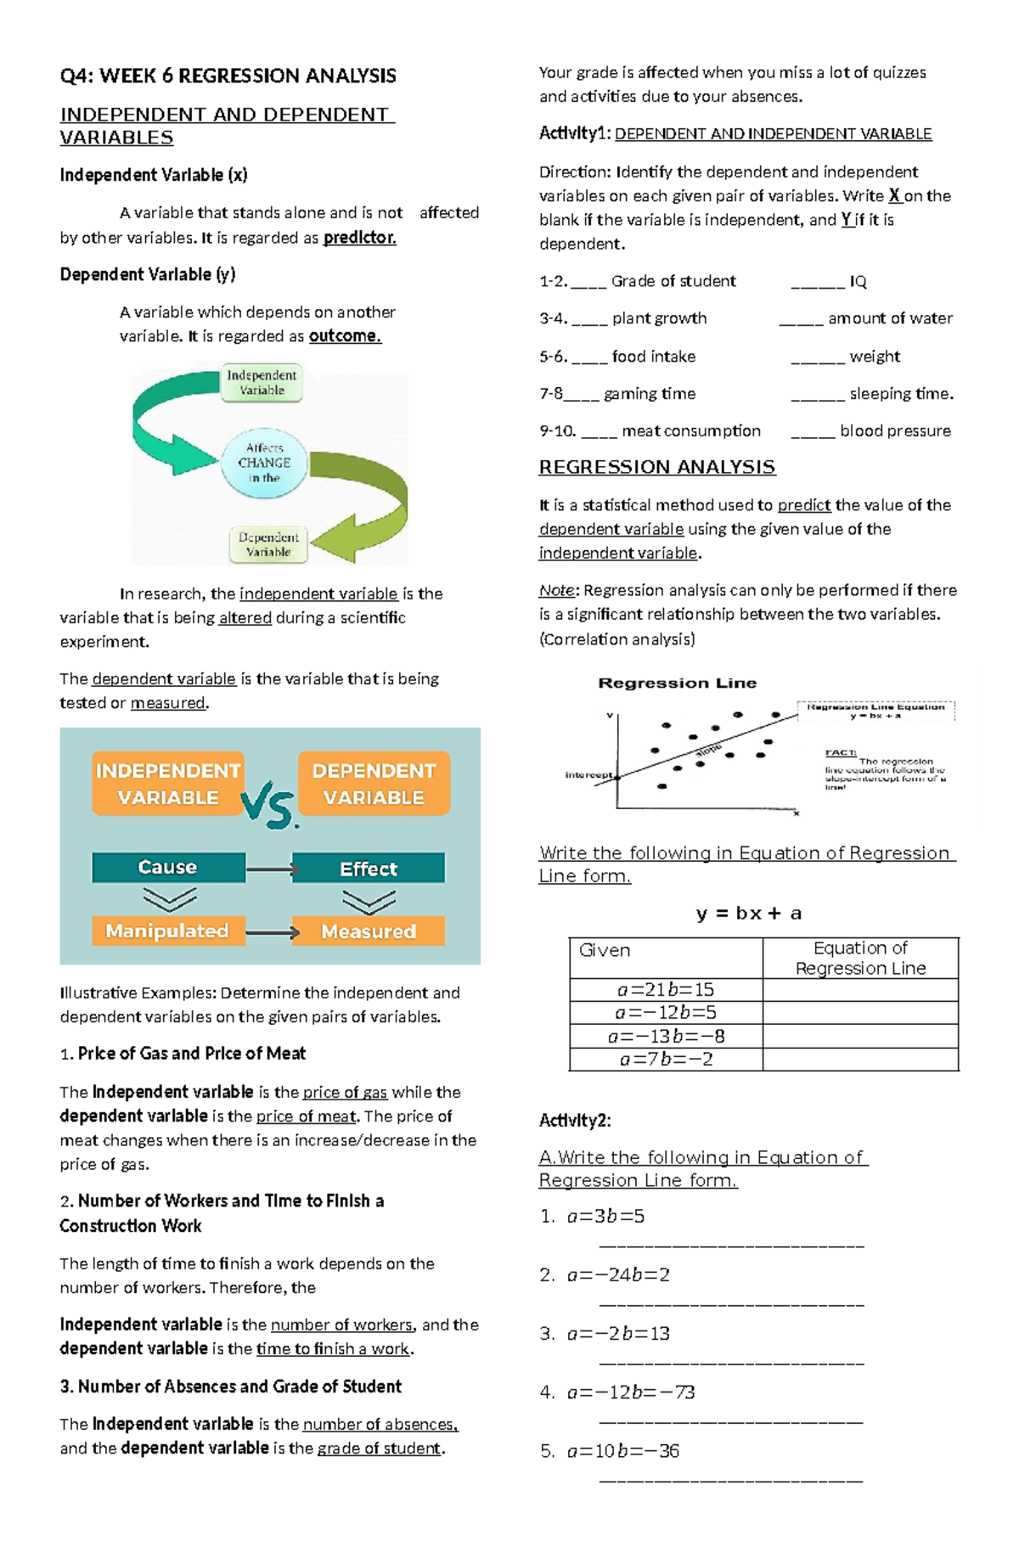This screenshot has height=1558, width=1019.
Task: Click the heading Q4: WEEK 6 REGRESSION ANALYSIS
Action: [x=228, y=76]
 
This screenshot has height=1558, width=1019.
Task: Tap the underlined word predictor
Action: [x=359, y=238]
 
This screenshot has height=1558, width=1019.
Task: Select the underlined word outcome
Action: [x=345, y=336]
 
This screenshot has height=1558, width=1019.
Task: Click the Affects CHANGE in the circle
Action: [x=264, y=463]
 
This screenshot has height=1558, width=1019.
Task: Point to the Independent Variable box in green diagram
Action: [x=262, y=383]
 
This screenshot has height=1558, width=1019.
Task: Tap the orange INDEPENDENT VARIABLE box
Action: [x=168, y=784]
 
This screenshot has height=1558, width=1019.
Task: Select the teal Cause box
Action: [x=168, y=867]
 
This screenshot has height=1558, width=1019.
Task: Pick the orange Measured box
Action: [x=368, y=931]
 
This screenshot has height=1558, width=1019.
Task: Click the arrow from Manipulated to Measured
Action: [x=272, y=932]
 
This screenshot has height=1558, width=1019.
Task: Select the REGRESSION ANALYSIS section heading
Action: [x=656, y=467]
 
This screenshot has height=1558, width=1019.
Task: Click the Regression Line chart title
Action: [x=677, y=683]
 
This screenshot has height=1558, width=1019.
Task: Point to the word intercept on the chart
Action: [x=588, y=775]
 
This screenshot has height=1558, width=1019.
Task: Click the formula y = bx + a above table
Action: [x=748, y=914]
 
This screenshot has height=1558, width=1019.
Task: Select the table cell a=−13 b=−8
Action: [x=666, y=1036]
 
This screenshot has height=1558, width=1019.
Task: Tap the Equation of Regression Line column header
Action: [x=859, y=958]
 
